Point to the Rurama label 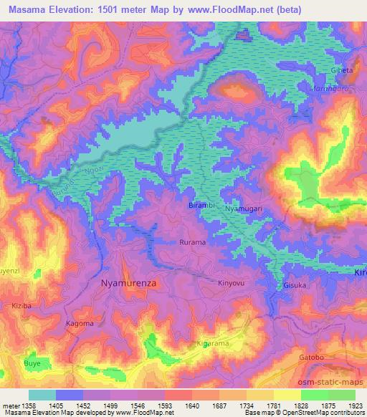point(191,242)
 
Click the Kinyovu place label point(231,283)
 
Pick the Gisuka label point(295,284)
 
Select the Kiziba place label point(22,305)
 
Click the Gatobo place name point(312,357)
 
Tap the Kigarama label point(213,345)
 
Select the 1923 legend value point(352,406)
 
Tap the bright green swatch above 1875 point(314,395)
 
